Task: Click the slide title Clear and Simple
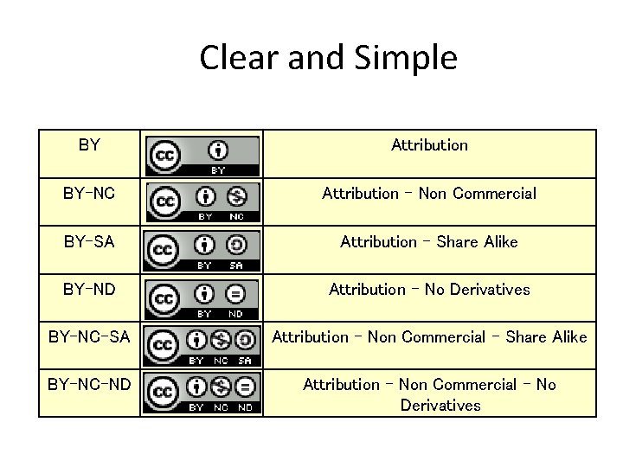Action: (328, 59)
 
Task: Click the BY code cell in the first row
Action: (89, 145)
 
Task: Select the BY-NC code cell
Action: (89, 194)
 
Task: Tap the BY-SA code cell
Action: (89, 242)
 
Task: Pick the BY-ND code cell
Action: (89, 289)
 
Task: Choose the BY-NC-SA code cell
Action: (89, 336)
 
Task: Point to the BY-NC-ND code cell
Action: (89, 384)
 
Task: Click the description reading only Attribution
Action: (429, 145)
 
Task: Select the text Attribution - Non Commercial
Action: (429, 194)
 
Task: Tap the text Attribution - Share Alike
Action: (429, 242)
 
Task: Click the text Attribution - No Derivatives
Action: (429, 289)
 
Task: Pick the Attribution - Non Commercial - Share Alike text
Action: (429, 336)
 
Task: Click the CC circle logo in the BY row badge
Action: (164, 156)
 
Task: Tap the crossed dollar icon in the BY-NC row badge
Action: (237, 196)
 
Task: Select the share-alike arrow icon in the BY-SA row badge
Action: (237, 245)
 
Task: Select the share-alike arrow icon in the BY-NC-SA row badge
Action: (245, 340)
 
